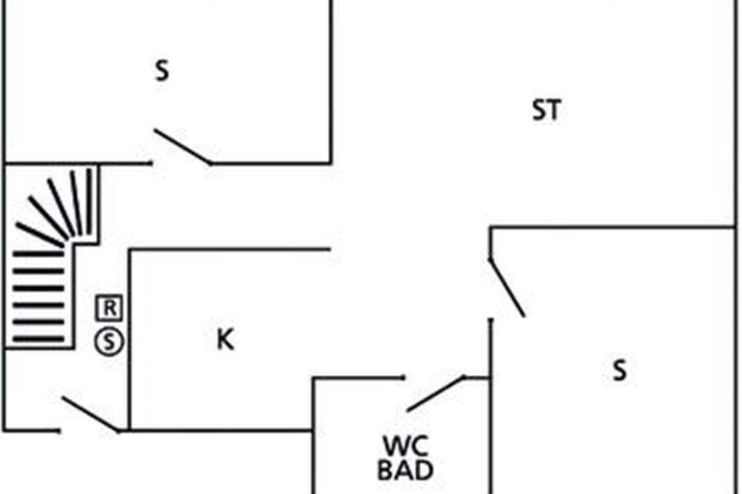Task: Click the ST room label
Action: click(547, 111)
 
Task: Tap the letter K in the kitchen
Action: click(225, 340)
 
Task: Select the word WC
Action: click(405, 446)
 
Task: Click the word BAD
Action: click(405, 471)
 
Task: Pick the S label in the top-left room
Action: click(161, 72)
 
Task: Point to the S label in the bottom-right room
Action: click(619, 371)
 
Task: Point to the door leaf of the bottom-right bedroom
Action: click(506, 288)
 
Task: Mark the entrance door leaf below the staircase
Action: click(91, 414)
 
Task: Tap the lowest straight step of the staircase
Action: click(38, 338)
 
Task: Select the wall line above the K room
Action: click(229, 250)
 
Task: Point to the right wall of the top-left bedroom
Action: click(331, 80)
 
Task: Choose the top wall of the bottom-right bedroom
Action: click(612, 227)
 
